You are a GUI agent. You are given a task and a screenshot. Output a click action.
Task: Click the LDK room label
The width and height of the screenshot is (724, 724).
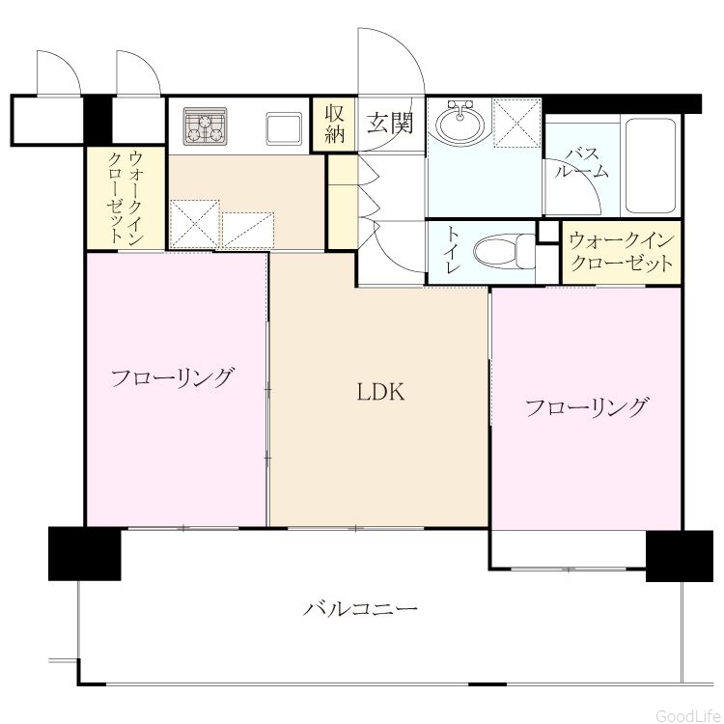[381, 392]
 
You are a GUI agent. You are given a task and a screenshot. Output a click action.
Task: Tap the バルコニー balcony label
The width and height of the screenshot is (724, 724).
[360, 609]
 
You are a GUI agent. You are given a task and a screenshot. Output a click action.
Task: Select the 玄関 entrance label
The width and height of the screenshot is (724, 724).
[391, 123]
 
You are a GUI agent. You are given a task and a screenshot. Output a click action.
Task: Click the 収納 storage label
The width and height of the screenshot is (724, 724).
[335, 124]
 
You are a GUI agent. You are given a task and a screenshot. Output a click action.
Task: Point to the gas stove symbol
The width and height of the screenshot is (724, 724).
[205, 125]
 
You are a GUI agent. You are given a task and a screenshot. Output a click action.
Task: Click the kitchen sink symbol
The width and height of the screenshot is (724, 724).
[284, 127]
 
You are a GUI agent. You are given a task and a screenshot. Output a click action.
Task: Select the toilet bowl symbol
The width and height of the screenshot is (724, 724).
[504, 252]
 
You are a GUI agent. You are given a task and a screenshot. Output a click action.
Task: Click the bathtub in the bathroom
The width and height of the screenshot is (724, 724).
[652, 166]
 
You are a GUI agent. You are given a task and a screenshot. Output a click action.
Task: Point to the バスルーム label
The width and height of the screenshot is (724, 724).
[582, 162]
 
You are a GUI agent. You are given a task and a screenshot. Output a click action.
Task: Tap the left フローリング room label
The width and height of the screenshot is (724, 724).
[172, 377]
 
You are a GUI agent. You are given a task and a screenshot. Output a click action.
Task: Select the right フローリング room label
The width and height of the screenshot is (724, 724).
[586, 407]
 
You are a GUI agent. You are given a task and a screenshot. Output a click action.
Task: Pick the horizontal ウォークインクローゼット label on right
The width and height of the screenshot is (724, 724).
[622, 252]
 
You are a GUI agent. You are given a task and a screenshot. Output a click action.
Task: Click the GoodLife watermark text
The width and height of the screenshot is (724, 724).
[689, 715]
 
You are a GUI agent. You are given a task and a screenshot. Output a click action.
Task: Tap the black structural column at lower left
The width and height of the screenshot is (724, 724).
[85, 553]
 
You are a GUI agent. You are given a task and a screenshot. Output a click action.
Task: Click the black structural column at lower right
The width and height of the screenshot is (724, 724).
[680, 556]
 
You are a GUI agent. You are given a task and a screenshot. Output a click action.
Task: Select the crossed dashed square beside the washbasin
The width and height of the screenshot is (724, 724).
[516, 123]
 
